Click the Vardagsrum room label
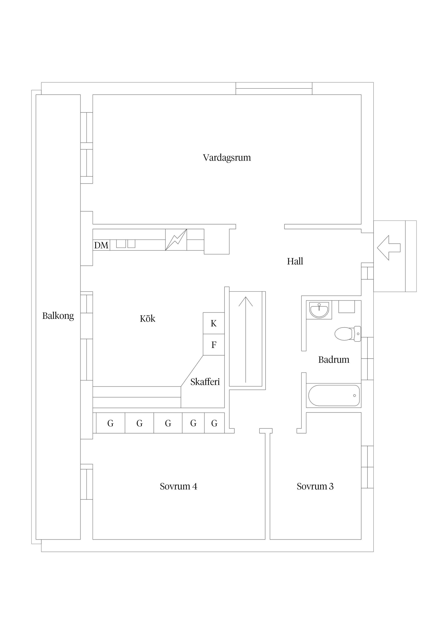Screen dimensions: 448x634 [x=227, y=158]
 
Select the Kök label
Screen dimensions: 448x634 [x=147, y=318]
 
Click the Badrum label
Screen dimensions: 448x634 [x=334, y=359]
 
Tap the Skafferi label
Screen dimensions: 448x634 [x=205, y=382]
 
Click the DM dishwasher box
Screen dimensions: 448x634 [x=101, y=245]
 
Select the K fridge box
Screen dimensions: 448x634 [x=214, y=323]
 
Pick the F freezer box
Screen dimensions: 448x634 [x=214, y=345]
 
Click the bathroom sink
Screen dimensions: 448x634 [x=319, y=310]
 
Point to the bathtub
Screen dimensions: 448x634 [x=334, y=395]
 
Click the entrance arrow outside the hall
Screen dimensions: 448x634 [x=389, y=248]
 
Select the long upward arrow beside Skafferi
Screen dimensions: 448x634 [x=246, y=340]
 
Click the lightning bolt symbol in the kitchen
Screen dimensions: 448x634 [x=176, y=240]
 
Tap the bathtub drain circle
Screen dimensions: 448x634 [x=354, y=395]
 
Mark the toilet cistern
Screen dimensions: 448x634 [x=357, y=334]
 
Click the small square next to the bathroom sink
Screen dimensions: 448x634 [x=346, y=306]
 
